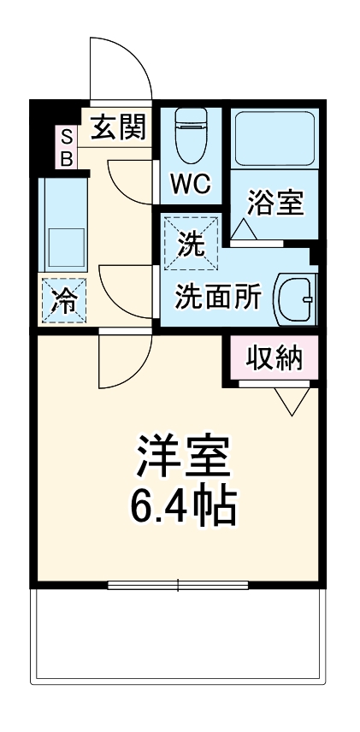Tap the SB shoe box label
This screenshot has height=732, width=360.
(x=66, y=146)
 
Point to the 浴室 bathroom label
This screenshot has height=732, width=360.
(x=275, y=203)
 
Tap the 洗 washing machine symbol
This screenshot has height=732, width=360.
(x=192, y=243)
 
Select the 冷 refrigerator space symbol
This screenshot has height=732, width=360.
(x=63, y=300)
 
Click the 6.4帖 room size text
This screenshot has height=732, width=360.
(x=183, y=506)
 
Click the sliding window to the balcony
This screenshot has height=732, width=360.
(x=178, y=586)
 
